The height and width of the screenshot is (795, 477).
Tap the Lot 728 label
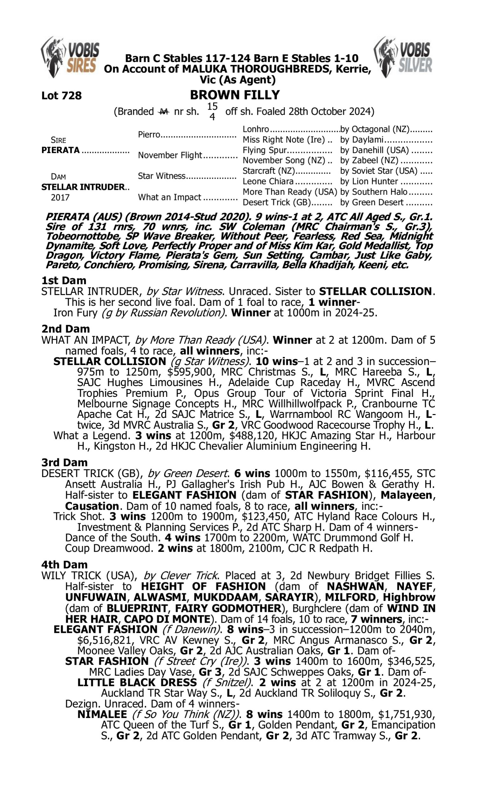click(x=61, y=95)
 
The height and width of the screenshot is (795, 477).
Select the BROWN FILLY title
click(x=235, y=95)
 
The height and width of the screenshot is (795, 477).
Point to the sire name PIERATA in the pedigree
click(x=60, y=150)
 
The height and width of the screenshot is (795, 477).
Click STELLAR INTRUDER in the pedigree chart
click(x=83, y=187)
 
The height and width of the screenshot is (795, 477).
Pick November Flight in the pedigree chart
click(x=170, y=155)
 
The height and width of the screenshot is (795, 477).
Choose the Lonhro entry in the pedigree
click(x=256, y=129)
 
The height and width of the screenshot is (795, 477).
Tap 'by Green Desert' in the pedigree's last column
click(x=371, y=202)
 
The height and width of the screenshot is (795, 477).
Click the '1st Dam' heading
click(x=64, y=280)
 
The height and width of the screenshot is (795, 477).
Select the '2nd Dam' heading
click(x=65, y=329)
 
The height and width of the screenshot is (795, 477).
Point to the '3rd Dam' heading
click(x=64, y=462)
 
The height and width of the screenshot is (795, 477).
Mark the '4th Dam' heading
click(x=64, y=564)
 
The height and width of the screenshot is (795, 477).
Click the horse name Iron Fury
click(x=75, y=313)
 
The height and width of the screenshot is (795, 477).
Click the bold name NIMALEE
click(x=102, y=714)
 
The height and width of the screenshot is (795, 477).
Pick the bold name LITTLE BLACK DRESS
click(x=137, y=682)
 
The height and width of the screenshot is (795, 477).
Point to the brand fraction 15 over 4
click(x=212, y=111)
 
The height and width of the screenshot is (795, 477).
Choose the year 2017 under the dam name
click(x=60, y=197)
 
